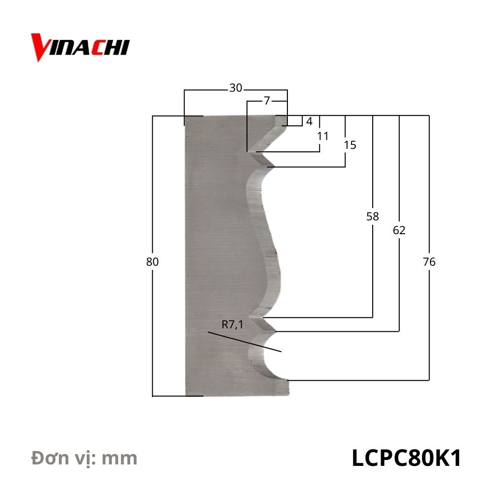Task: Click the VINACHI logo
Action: [80, 47]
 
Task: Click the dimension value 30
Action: [236, 88]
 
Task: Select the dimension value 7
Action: [267, 101]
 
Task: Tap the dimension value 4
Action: [309, 121]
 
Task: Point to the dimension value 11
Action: [322, 136]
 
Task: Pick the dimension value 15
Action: [350, 145]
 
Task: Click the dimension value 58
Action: [373, 216]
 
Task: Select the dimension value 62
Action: [399, 230]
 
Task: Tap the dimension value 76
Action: [429, 262]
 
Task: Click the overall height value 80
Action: [152, 262]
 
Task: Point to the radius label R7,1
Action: [233, 324]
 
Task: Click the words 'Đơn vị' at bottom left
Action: [63, 458]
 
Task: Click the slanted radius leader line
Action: [244, 342]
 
